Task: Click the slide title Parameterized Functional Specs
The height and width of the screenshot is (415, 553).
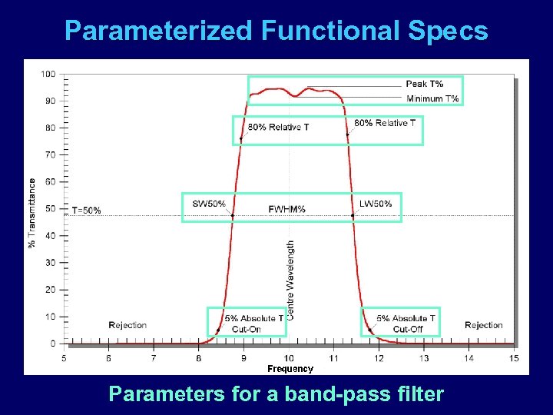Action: point(276,31)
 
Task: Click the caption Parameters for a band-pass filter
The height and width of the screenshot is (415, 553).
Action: point(276,394)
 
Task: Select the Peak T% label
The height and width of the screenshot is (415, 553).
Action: point(424,84)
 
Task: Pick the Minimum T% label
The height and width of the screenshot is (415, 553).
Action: point(432,98)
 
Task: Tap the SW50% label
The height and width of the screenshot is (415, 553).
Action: point(209,204)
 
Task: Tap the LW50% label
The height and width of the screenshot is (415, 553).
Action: point(376,204)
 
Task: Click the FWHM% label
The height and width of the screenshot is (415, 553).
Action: point(287,209)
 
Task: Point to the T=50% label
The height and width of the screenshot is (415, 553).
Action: point(86,211)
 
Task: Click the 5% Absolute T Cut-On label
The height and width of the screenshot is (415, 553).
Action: point(253,324)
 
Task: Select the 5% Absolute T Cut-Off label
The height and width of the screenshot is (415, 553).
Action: point(406,324)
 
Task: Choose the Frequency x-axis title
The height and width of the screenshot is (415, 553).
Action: point(290,369)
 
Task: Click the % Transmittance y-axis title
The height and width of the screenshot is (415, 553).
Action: point(32,213)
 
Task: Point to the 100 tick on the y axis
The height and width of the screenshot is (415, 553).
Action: point(48,74)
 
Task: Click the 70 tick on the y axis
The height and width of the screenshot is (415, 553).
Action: point(50,154)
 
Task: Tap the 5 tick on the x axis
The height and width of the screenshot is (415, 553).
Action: point(64,358)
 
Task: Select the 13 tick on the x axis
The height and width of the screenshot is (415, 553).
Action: point(424,358)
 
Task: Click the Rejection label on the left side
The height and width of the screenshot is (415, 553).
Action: point(127,325)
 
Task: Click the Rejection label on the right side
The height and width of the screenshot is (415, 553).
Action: point(483,325)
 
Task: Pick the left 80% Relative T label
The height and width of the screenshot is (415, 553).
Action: point(278,127)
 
